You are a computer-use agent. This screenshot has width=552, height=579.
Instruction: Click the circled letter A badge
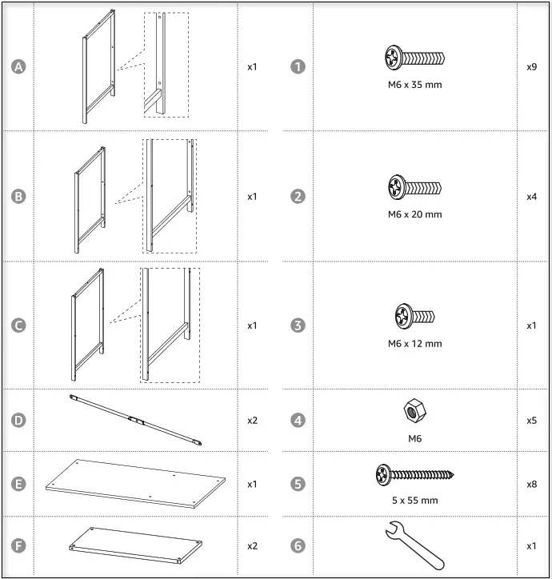tap(18, 66)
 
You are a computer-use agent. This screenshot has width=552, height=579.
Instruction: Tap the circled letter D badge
tap(18, 420)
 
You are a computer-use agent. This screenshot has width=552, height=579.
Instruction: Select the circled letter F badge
tap(18, 545)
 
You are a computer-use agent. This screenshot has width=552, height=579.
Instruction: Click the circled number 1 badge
tap(298, 66)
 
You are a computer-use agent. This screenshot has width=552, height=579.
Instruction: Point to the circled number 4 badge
tap(298, 420)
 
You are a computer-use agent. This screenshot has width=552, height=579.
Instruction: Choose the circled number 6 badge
tap(298, 545)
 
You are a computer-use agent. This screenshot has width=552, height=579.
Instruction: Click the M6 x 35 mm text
tap(414, 85)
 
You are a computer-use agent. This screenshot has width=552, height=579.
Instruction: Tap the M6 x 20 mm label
tap(414, 214)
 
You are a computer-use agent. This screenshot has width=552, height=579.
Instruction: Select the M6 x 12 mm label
tap(414, 344)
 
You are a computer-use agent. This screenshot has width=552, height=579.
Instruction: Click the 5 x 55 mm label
tap(414, 501)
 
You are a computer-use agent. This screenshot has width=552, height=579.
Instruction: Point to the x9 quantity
tap(531, 66)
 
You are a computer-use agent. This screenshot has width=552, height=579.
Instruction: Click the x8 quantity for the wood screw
tap(531, 484)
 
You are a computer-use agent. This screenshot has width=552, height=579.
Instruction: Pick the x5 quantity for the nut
tap(531, 420)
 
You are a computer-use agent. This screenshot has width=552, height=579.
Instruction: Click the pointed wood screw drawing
tap(414, 476)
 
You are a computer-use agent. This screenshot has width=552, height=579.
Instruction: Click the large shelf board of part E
tap(134, 483)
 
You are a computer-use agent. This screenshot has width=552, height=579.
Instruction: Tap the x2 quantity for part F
tap(252, 545)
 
